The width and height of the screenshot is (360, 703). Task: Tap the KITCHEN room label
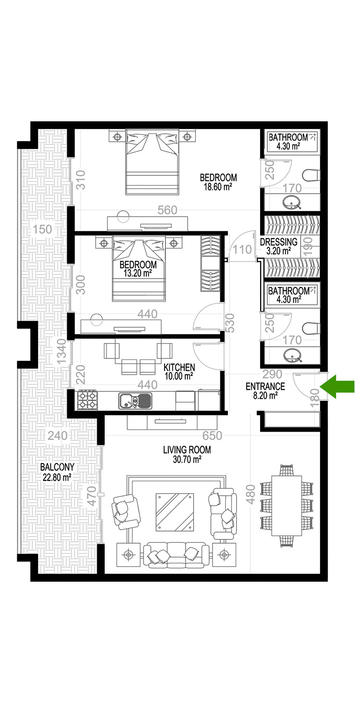[x=179, y=367]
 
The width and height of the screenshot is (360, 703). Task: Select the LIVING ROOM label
[x=187, y=450]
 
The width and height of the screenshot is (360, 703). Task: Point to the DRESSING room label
[x=279, y=242]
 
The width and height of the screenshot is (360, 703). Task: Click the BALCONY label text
[x=57, y=467]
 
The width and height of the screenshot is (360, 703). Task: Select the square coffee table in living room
[x=174, y=512]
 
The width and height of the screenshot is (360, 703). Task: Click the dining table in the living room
[x=286, y=506]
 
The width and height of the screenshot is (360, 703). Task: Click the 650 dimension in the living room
[x=212, y=435]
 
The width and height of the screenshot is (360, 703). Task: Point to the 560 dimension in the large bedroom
[x=167, y=210]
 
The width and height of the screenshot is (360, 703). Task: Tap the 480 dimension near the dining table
[x=250, y=494]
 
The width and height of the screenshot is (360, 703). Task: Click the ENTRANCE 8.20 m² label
[x=265, y=391]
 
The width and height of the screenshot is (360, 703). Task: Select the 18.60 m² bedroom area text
[x=218, y=187]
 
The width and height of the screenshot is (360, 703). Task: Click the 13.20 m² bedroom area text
[x=138, y=273]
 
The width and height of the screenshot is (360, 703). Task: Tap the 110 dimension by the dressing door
[x=242, y=250]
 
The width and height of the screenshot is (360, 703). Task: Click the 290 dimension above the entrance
[x=272, y=374]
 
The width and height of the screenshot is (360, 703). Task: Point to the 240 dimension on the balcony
[x=58, y=435]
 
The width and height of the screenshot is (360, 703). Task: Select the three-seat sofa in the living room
[x=176, y=555]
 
